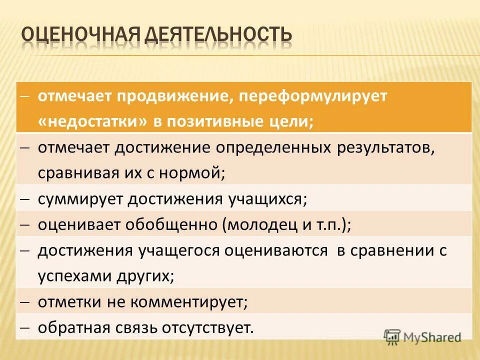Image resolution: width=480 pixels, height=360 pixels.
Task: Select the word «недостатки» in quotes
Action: coord(93,122)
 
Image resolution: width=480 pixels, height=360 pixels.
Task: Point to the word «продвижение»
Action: coord(173,96)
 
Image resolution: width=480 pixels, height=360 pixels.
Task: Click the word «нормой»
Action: coord(190,174)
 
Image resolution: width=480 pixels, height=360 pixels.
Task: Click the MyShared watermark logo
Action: coord(422,337)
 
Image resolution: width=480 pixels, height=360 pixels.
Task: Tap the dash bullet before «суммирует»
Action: coord(26,199)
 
